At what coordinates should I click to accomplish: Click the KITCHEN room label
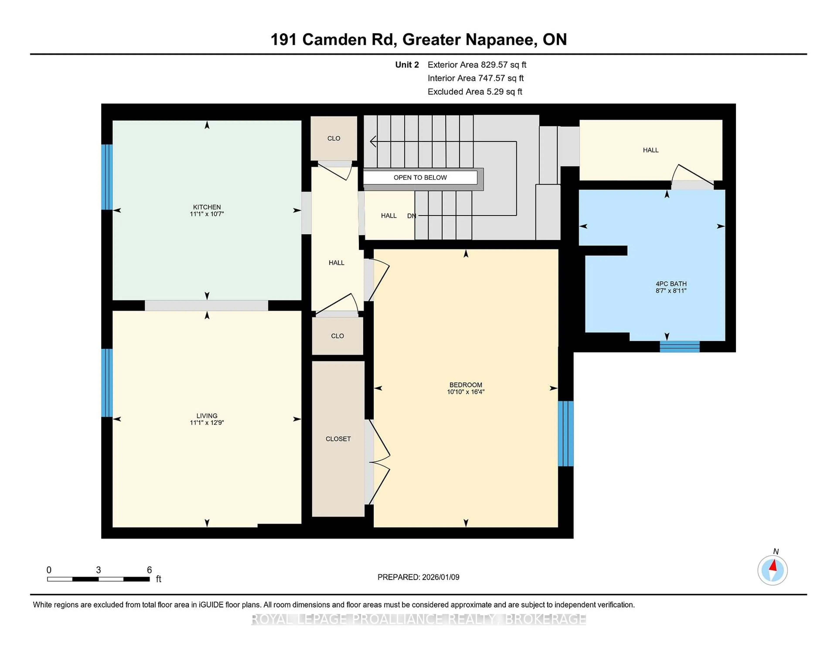[207, 207]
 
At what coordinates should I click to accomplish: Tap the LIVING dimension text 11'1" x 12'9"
[207, 423]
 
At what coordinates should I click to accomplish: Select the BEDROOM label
[466, 385]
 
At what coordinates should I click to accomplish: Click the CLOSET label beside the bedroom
[338, 439]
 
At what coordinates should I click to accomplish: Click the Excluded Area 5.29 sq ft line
[475, 92]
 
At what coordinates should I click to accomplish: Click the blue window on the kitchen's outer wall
[107, 177]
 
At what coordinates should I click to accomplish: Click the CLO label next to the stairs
[333, 138]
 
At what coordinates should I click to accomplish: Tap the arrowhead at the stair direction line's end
[373, 141]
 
